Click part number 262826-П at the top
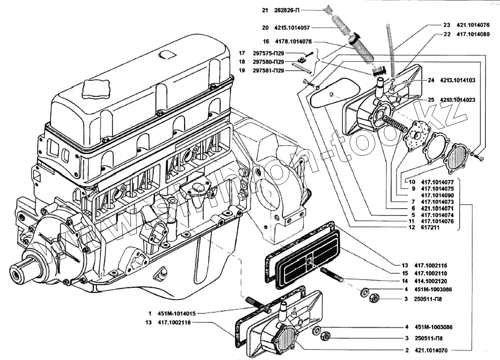(287, 10)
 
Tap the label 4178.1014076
(293, 40)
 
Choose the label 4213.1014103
(457, 80)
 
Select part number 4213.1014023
(457, 100)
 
